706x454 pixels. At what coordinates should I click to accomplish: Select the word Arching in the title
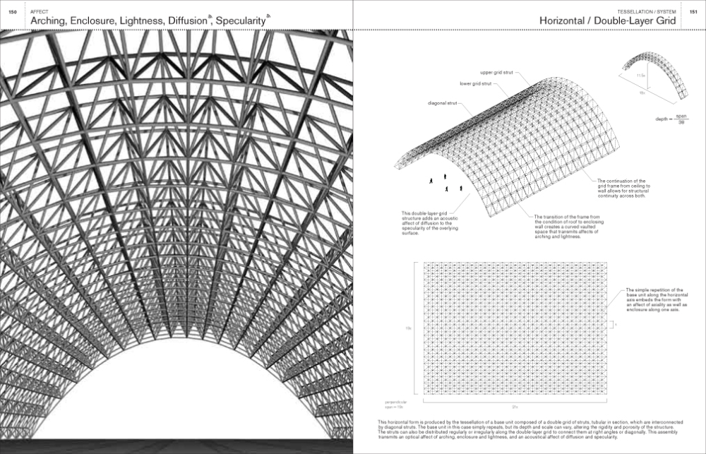point(47,22)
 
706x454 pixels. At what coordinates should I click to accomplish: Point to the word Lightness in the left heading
point(140,22)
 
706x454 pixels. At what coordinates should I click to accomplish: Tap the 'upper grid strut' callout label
point(498,72)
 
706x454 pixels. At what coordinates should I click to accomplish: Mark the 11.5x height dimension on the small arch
point(640,74)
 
